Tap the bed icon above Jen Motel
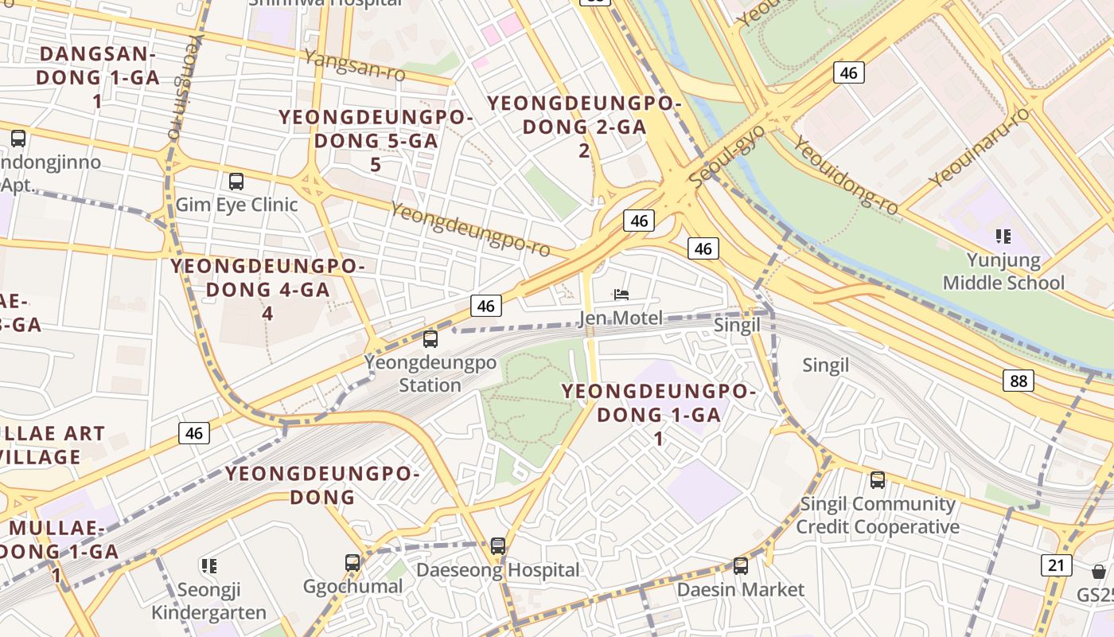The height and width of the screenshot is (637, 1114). (x=621, y=295)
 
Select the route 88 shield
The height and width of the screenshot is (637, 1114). (x=1019, y=381)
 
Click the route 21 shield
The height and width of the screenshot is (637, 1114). (x=1056, y=565)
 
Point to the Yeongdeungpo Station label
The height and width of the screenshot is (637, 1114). (x=430, y=374)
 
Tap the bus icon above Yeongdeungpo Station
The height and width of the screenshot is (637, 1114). (x=430, y=339)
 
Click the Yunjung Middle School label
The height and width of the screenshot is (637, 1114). (x=1003, y=272)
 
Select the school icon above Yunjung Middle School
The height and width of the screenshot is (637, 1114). (x=1003, y=236)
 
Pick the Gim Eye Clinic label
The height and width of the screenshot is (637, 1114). (x=236, y=205)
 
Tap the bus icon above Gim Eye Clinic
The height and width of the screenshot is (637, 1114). (x=236, y=181)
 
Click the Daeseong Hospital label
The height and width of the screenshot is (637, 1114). (x=498, y=570)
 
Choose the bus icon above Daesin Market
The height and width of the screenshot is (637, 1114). (x=741, y=566)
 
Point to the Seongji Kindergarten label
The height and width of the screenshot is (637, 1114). (x=209, y=601)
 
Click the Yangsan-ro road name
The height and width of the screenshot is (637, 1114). (x=354, y=65)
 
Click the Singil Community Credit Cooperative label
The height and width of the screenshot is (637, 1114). (x=878, y=515)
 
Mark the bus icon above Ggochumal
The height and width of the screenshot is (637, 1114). (x=353, y=563)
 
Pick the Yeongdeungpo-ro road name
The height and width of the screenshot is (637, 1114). (x=470, y=229)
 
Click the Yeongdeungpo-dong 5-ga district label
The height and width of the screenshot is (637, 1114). (x=376, y=141)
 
